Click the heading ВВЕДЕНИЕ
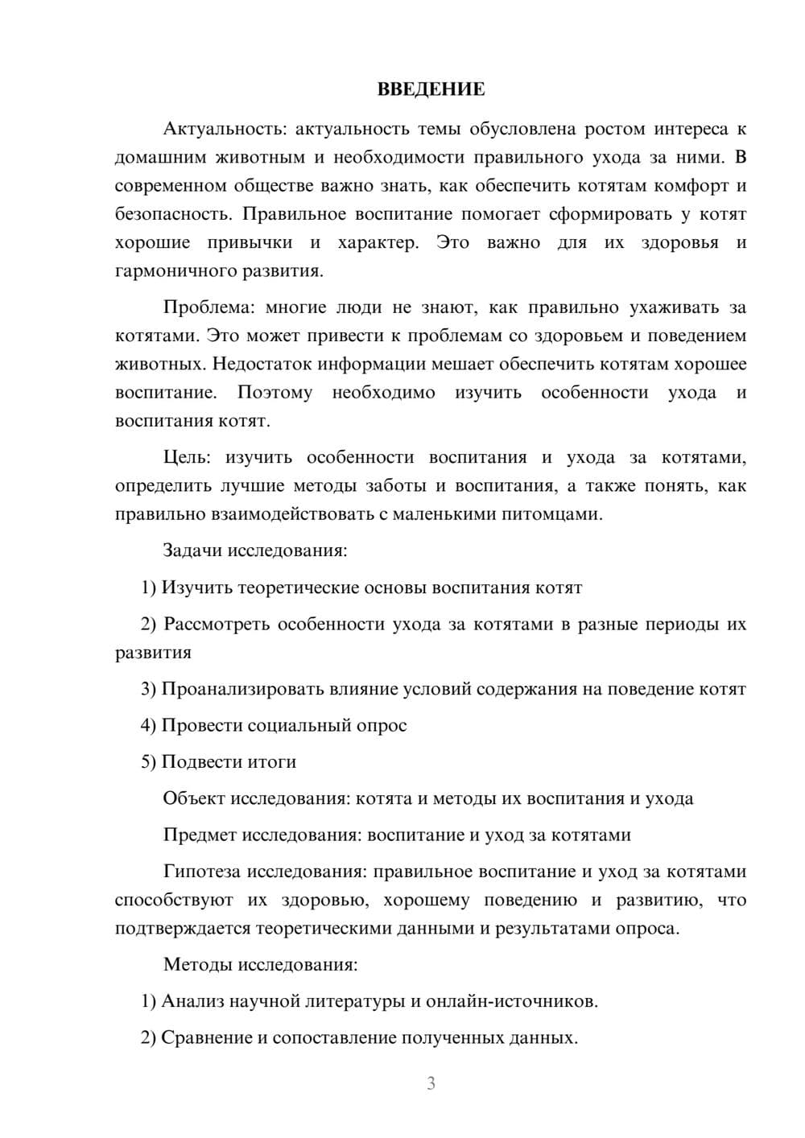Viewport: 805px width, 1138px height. (x=431, y=89)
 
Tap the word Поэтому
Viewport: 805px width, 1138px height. (x=275, y=393)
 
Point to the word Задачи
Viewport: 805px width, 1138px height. (x=192, y=551)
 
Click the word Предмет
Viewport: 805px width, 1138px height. (x=200, y=835)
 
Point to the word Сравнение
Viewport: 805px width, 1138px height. (x=207, y=1037)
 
